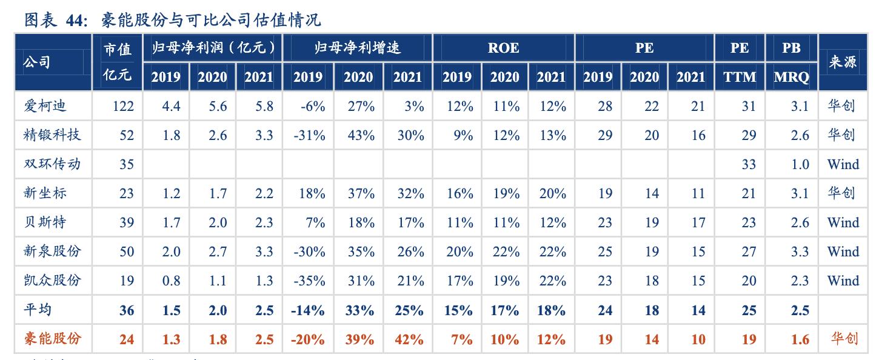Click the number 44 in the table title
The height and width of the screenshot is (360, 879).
(x=76, y=20)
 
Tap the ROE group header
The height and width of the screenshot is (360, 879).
(x=503, y=48)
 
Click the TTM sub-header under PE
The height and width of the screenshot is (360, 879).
(x=740, y=77)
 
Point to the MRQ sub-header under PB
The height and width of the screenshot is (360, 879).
(x=791, y=77)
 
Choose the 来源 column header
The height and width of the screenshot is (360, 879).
(x=843, y=62)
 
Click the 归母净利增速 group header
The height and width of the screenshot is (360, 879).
(x=357, y=48)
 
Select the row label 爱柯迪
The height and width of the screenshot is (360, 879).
(x=45, y=106)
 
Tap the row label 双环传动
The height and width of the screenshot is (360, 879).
(x=52, y=164)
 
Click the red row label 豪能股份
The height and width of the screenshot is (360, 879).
(x=52, y=339)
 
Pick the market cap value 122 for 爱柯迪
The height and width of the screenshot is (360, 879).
(x=123, y=106)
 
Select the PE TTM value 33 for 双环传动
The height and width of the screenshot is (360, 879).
(x=749, y=164)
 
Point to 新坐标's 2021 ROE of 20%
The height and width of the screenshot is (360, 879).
(x=552, y=193)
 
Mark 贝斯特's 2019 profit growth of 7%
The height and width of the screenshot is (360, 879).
(x=315, y=222)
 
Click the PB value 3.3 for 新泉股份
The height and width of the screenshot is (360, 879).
(x=800, y=252)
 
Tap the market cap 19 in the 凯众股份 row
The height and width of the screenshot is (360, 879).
(x=126, y=281)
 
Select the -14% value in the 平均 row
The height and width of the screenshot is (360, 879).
(x=308, y=310)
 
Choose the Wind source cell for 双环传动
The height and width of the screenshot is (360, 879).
(x=843, y=164)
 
